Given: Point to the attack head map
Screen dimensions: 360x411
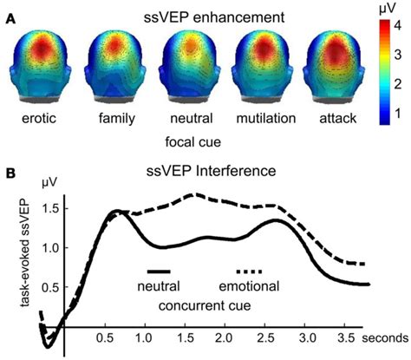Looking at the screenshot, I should point(329,62).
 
